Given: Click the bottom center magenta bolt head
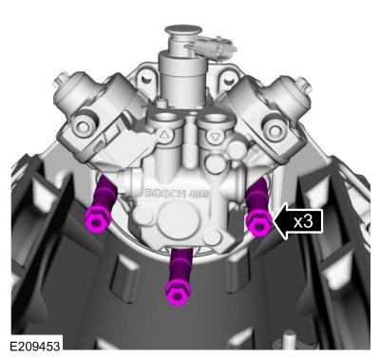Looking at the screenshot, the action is click(178, 293).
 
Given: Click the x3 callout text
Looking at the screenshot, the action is click(303, 221).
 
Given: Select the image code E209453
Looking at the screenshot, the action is click(35, 346).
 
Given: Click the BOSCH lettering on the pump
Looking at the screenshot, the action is click(165, 194).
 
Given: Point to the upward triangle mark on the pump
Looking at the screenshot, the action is click(164, 136).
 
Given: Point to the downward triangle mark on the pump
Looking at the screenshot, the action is click(216, 137).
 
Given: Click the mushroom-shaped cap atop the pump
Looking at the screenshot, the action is click(183, 30).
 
